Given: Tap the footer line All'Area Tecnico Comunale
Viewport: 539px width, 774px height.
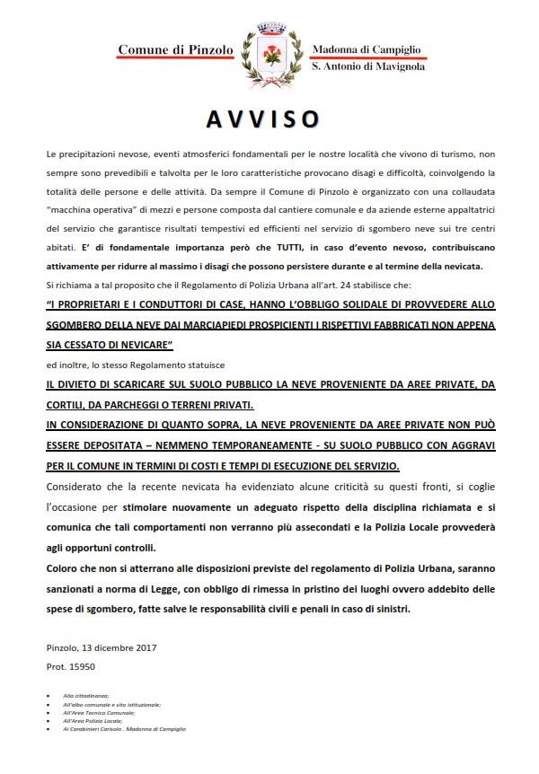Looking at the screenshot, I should [98, 715].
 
